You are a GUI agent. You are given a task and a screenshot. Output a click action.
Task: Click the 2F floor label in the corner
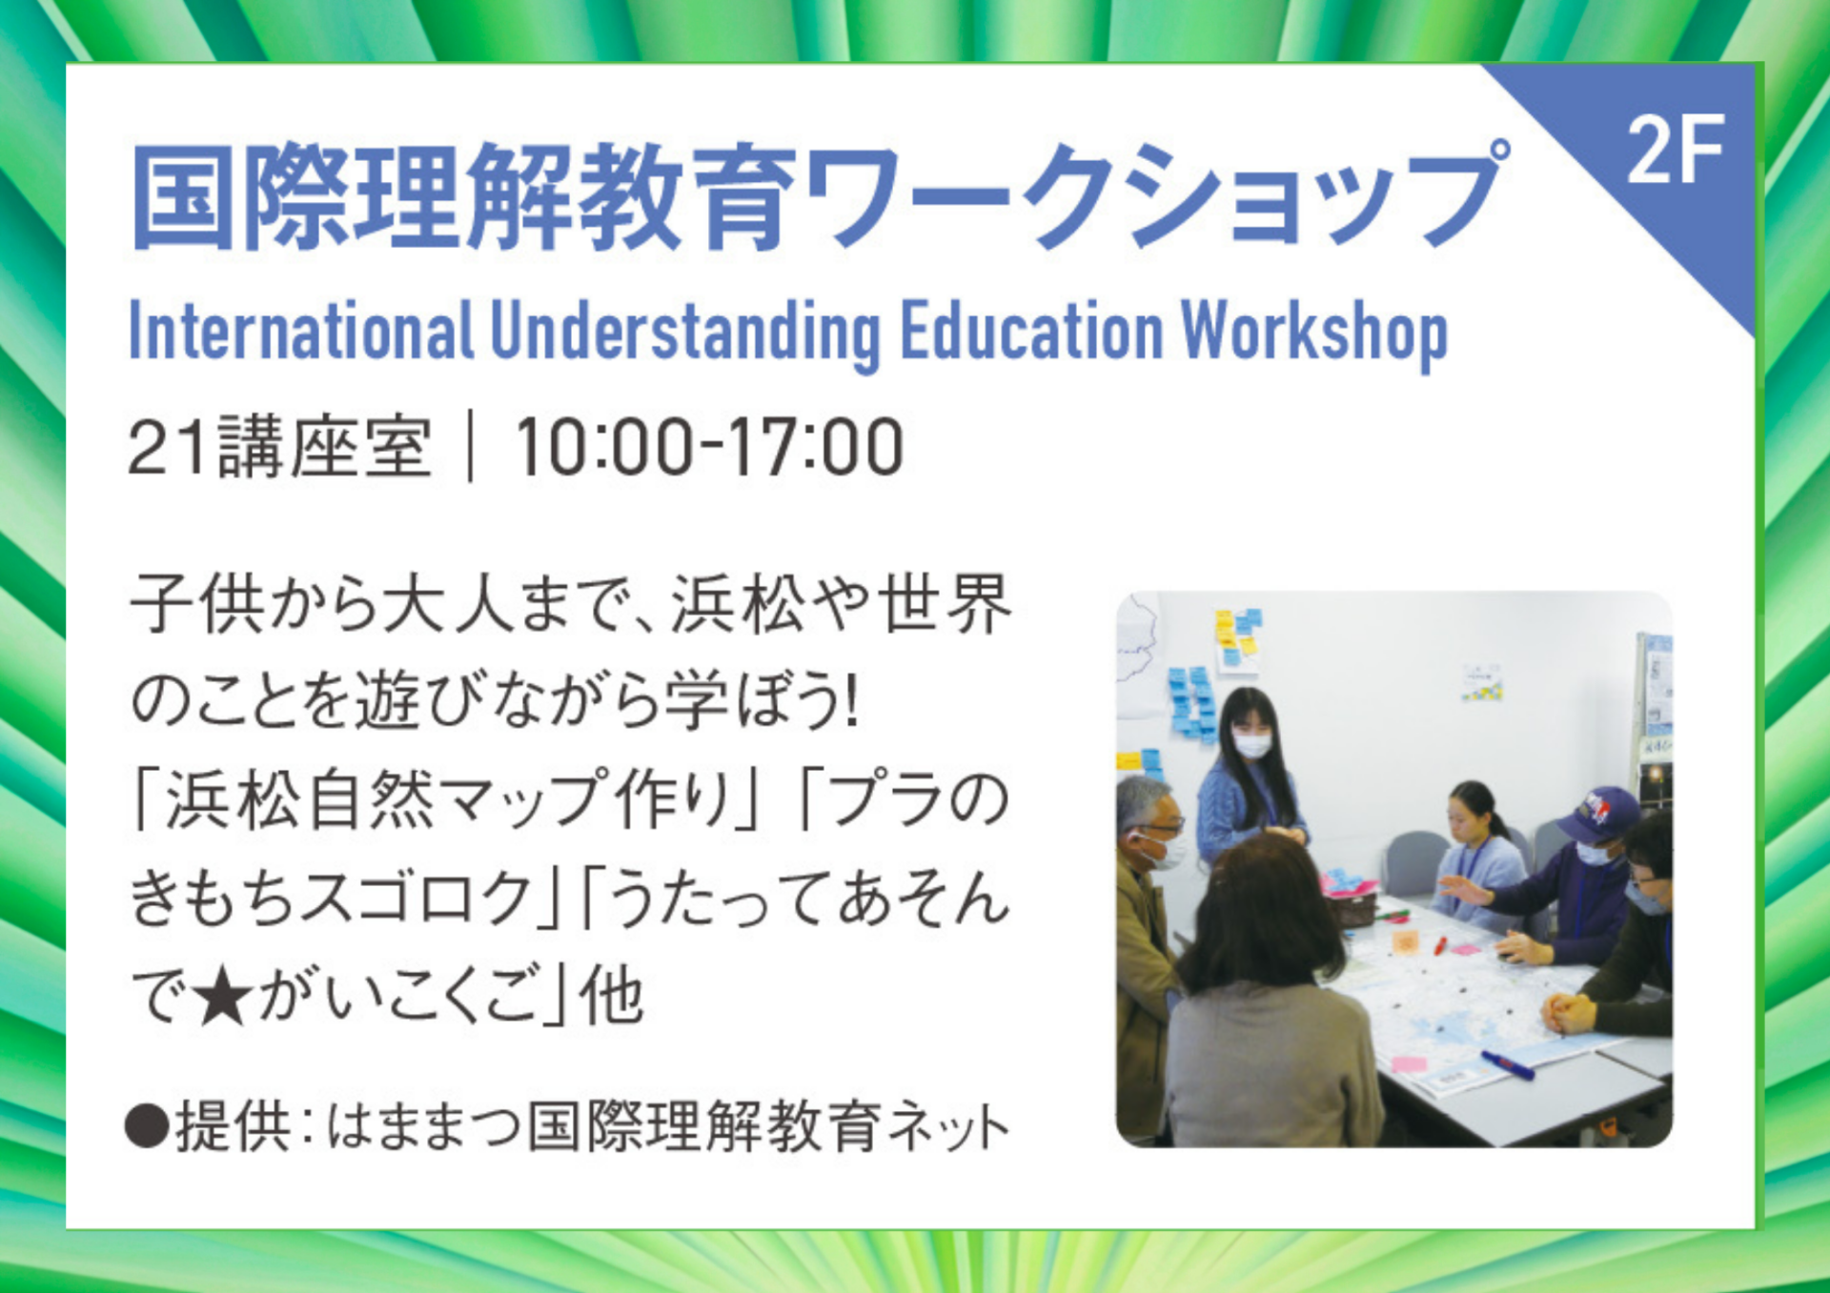1676,150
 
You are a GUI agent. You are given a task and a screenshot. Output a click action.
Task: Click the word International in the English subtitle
300,331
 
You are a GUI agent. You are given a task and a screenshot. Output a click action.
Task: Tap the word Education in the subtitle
1032,331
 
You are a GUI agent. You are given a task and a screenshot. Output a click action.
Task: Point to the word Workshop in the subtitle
1315,334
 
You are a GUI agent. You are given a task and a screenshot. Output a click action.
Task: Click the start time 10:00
604,447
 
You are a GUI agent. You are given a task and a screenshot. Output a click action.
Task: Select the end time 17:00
816,447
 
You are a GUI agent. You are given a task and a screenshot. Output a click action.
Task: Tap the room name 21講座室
279,447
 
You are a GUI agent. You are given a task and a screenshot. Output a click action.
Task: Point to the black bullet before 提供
148,1126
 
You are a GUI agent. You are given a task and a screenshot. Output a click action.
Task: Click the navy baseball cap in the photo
1597,813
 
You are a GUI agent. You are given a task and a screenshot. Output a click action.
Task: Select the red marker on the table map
1440,946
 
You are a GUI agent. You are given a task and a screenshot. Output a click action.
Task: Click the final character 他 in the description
611,997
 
